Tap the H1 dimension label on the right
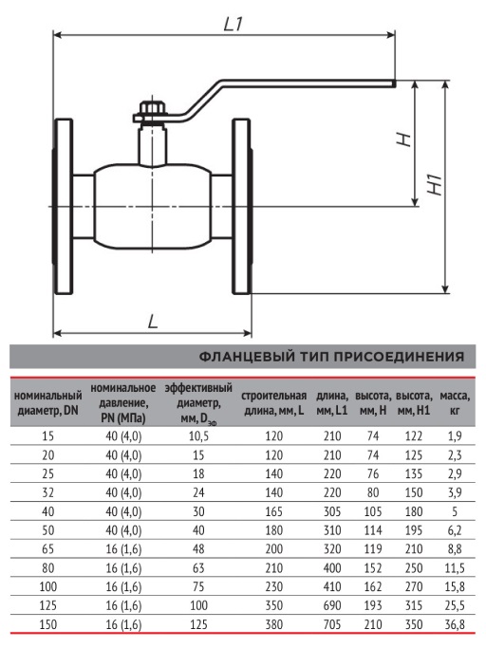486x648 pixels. (x=435, y=185)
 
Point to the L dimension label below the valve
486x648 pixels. (x=154, y=321)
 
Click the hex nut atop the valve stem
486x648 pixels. (x=153, y=108)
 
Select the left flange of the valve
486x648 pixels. (x=63, y=207)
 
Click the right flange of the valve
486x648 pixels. (x=241, y=207)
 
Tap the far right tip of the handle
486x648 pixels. (x=395, y=83)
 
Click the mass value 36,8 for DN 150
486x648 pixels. (x=454, y=624)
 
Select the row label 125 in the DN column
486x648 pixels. (x=48, y=605)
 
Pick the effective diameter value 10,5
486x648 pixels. (x=198, y=436)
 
